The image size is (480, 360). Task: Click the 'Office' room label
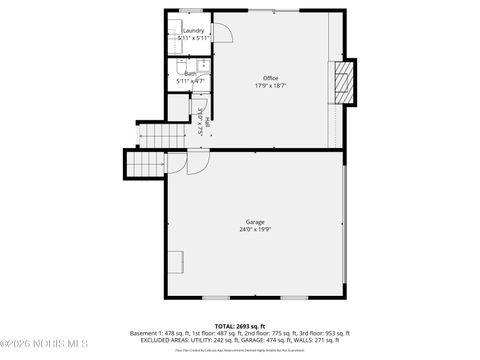[270, 78]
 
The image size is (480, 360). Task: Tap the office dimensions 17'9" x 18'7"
[270, 86]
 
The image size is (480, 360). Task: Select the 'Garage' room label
[255, 222]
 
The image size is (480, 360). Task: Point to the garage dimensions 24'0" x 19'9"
[255, 230]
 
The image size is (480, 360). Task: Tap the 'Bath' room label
[189, 73]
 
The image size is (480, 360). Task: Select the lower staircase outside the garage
[146, 164]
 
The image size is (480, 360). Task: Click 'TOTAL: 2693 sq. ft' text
[239, 326]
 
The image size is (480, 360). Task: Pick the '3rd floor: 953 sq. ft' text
[321, 333]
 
